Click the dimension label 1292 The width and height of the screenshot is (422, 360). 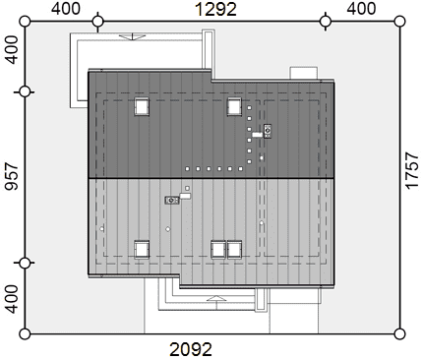(215, 9)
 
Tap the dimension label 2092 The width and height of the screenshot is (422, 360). (191, 349)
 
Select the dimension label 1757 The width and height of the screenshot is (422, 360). (412, 170)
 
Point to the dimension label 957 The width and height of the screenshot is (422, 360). (12, 176)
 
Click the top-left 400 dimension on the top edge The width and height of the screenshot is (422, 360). (66, 9)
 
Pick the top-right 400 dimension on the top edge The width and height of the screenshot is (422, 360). (361, 9)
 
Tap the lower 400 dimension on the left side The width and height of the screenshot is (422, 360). (12, 299)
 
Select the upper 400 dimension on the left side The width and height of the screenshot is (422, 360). (12, 50)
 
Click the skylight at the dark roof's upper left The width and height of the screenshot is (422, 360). (142, 106)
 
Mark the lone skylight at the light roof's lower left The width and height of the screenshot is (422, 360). (142, 250)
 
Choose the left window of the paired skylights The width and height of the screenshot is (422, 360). (218, 250)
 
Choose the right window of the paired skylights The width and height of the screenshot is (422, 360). (234, 250)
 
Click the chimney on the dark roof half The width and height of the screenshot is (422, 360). (268, 131)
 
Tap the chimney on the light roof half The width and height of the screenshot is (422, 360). (172, 200)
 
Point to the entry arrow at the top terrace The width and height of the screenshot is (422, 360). (133, 36)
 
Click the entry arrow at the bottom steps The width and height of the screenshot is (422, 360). (216, 298)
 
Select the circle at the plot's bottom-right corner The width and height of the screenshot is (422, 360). (399, 334)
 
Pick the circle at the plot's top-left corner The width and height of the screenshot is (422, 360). (25, 22)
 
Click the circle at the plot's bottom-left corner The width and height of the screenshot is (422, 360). (25, 334)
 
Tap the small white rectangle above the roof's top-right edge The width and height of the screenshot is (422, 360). (304, 73)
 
